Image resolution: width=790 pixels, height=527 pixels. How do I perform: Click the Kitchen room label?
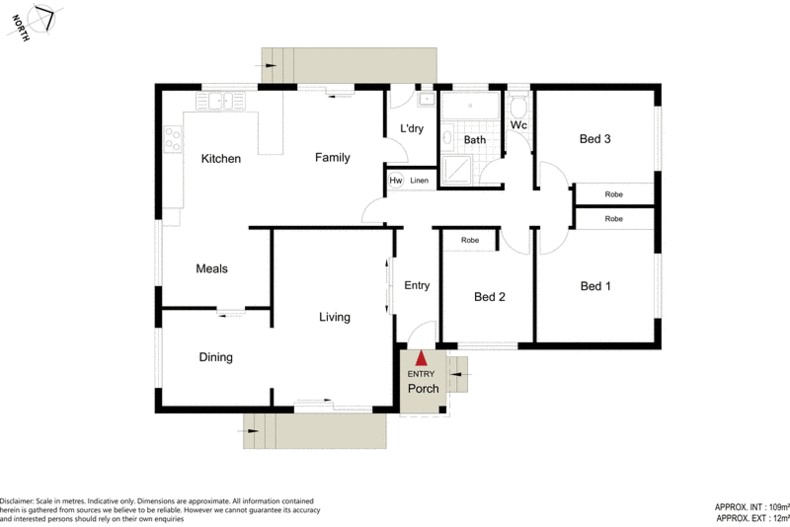click(220, 158)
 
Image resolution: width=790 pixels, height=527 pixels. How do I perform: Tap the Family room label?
click(332, 157)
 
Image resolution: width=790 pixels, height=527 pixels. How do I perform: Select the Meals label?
click(212, 268)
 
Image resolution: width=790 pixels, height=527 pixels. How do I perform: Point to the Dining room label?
click(215, 357)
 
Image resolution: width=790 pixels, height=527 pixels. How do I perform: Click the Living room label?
click(334, 317)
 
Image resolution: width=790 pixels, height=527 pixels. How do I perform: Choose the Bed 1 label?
click(595, 286)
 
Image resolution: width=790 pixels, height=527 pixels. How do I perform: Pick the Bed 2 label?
click(489, 296)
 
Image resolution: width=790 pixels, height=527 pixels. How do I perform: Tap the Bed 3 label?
click(595, 139)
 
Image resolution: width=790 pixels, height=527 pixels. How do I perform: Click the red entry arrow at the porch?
click(422, 357)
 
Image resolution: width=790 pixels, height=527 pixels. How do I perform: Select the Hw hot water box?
click(395, 181)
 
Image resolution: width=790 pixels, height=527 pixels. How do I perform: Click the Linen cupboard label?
click(419, 181)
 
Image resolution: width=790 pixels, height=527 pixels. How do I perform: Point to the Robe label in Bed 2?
click(469, 241)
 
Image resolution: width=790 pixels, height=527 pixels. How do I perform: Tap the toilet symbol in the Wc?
click(517, 107)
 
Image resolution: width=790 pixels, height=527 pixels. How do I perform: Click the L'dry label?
click(412, 129)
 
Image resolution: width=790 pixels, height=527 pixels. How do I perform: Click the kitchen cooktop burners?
click(172, 138)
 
